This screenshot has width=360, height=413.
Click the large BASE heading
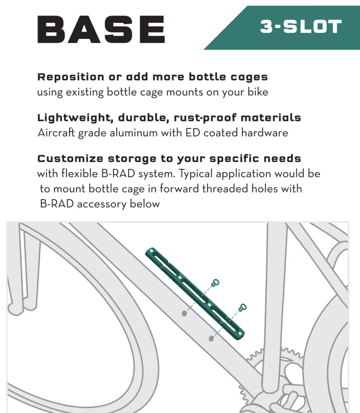pyautogui.click(x=101, y=29)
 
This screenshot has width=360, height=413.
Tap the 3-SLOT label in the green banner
pyautogui.click(x=301, y=27)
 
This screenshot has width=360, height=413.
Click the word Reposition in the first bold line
pyautogui.click(x=71, y=77)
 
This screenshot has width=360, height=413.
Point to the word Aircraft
pyautogui.click(x=56, y=133)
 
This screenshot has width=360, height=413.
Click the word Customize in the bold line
pyautogui.click(x=70, y=159)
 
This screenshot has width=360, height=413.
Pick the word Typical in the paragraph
pyautogui.click(x=196, y=173)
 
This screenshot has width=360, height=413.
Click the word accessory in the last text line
pyautogui.click(x=102, y=204)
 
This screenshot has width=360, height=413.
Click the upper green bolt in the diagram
pyautogui.click(x=215, y=283)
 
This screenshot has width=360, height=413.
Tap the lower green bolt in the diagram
pyautogui.click(x=242, y=308)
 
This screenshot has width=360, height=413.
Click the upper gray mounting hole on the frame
pyautogui.click(x=184, y=313)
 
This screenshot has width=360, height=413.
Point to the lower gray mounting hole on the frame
pyautogui.click(x=211, y=338)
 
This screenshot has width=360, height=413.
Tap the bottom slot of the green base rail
pyautogui.click(x=224, y=320)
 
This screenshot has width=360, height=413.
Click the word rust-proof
pyautogui.click(x=205, y=118)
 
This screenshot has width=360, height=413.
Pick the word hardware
pyautogui.click(x=265, y=133)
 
